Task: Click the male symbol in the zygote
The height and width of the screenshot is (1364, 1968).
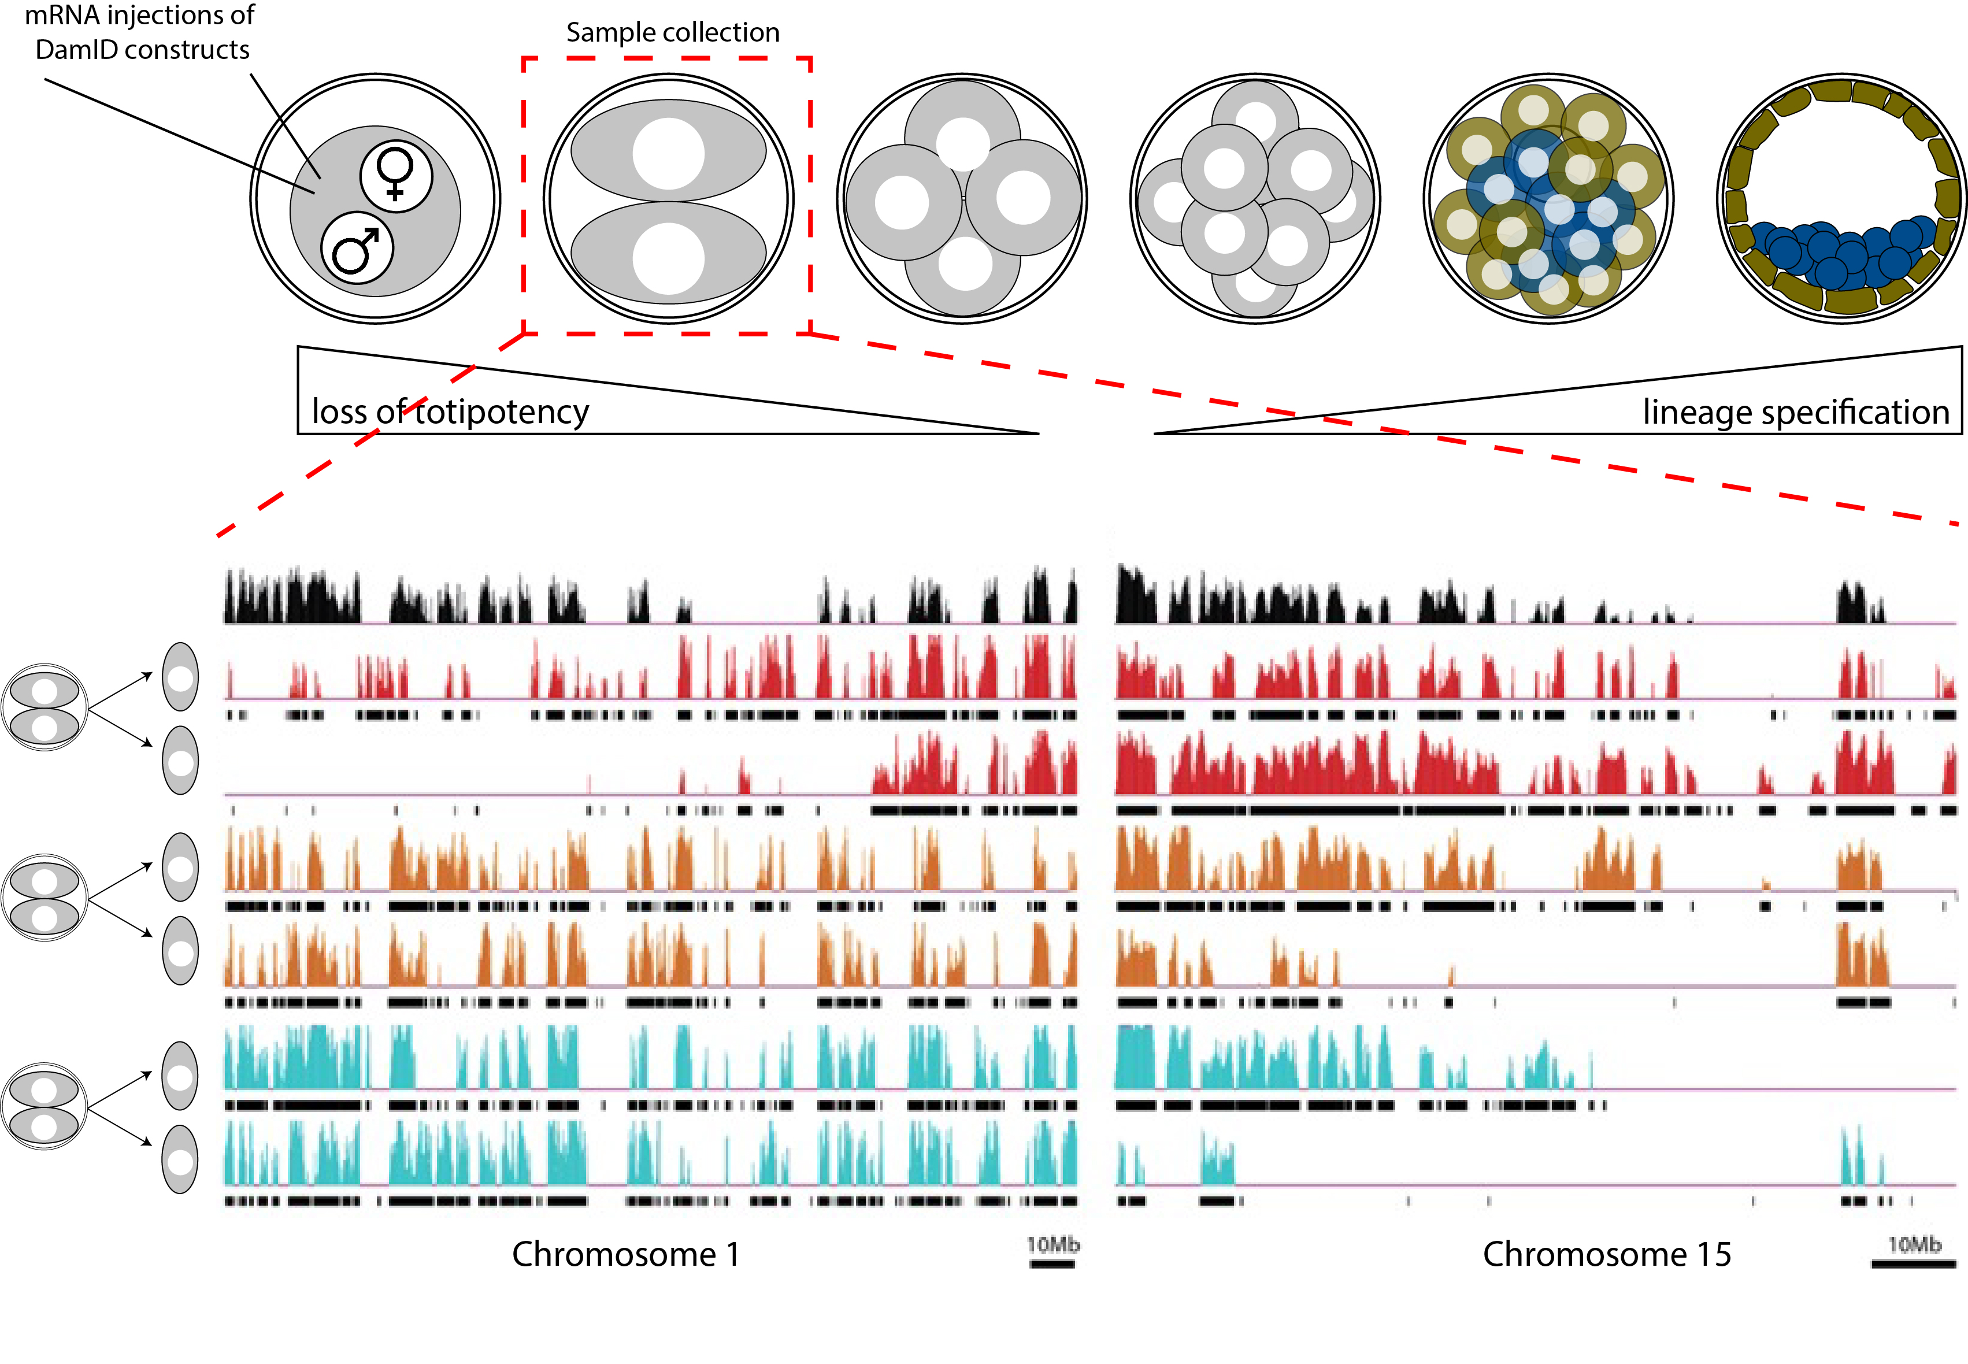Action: click(x=357, y=250)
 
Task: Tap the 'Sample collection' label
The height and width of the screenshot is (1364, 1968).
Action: click(x=673, y=32)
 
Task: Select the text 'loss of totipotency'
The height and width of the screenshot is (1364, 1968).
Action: click(x=450, y=412)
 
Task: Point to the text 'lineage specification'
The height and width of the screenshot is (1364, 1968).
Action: click(x=1795, y=412)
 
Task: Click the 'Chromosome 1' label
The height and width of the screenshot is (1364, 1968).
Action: click(x=625, y=1255)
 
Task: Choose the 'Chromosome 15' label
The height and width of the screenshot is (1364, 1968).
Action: click(x=1607, y=1255)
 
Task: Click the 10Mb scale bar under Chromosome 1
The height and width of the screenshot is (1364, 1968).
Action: click(x=1052, y=1264)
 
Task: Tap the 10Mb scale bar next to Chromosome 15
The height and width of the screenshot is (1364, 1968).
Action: click(x=1913, y=1264)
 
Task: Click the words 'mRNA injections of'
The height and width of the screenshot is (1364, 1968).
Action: click(x=139, y=16)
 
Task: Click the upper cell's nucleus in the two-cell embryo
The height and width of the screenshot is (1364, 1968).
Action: click(x=668, y=154)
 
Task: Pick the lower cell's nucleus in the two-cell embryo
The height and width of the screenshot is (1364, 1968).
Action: click(x=668, y=258)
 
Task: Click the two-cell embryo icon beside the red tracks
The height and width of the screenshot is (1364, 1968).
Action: click(x=45, y=707)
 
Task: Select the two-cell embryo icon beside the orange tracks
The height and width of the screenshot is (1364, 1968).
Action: click(x=45, y=898)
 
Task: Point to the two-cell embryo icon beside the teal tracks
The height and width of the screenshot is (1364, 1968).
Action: click(x=45, y=1107)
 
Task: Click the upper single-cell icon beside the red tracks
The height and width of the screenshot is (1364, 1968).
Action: click(x=180, y=677)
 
